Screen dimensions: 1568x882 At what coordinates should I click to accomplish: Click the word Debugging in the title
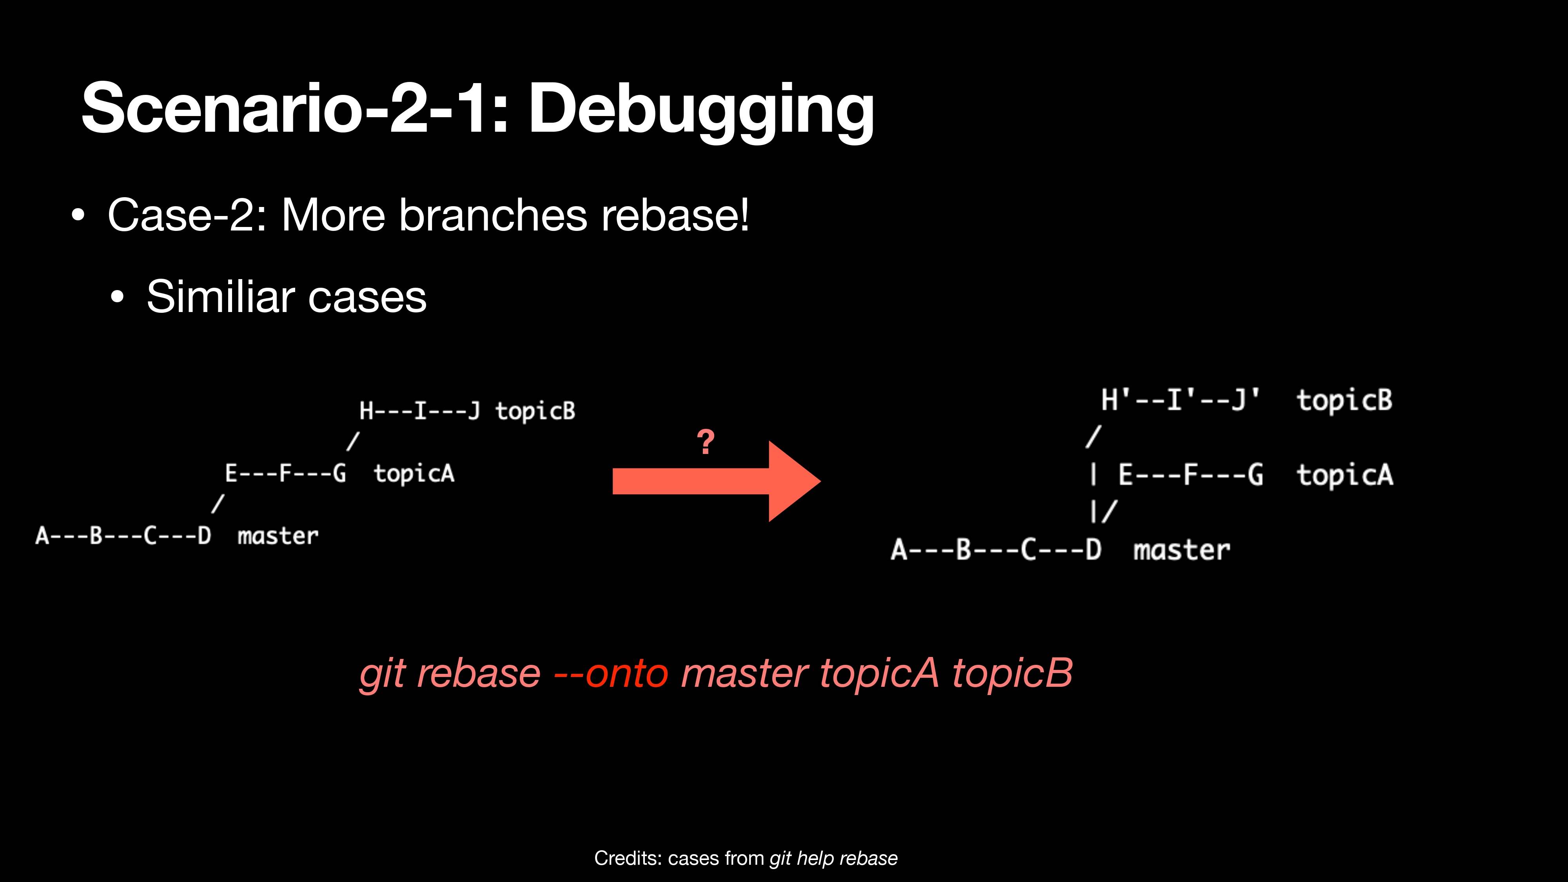point(701,111)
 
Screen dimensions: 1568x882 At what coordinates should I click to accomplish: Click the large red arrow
point(717,481)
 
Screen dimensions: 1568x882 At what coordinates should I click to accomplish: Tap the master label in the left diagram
point(278,536)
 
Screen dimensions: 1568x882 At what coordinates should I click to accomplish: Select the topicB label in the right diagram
point(1345,401)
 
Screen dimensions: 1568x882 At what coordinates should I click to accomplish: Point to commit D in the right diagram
point(1094,550)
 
